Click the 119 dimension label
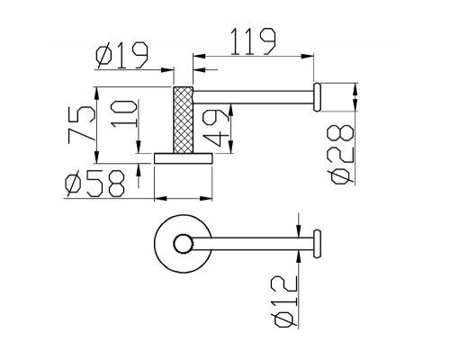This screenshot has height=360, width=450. click(x=253, y=41)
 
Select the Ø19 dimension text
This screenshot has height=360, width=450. click(x=122, y=55)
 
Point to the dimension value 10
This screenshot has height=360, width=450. click(x=124, y=114)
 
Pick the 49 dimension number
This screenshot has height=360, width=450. click(x=215, y=128)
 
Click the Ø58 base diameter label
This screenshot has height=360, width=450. click(x=94, y=184)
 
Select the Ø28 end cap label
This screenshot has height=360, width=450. click(x=342, y=155)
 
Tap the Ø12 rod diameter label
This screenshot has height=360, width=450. click(x=283, y=302)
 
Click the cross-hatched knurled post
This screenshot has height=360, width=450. click(x=183, y=120)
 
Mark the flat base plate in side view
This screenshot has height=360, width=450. click(x=184, y=158)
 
